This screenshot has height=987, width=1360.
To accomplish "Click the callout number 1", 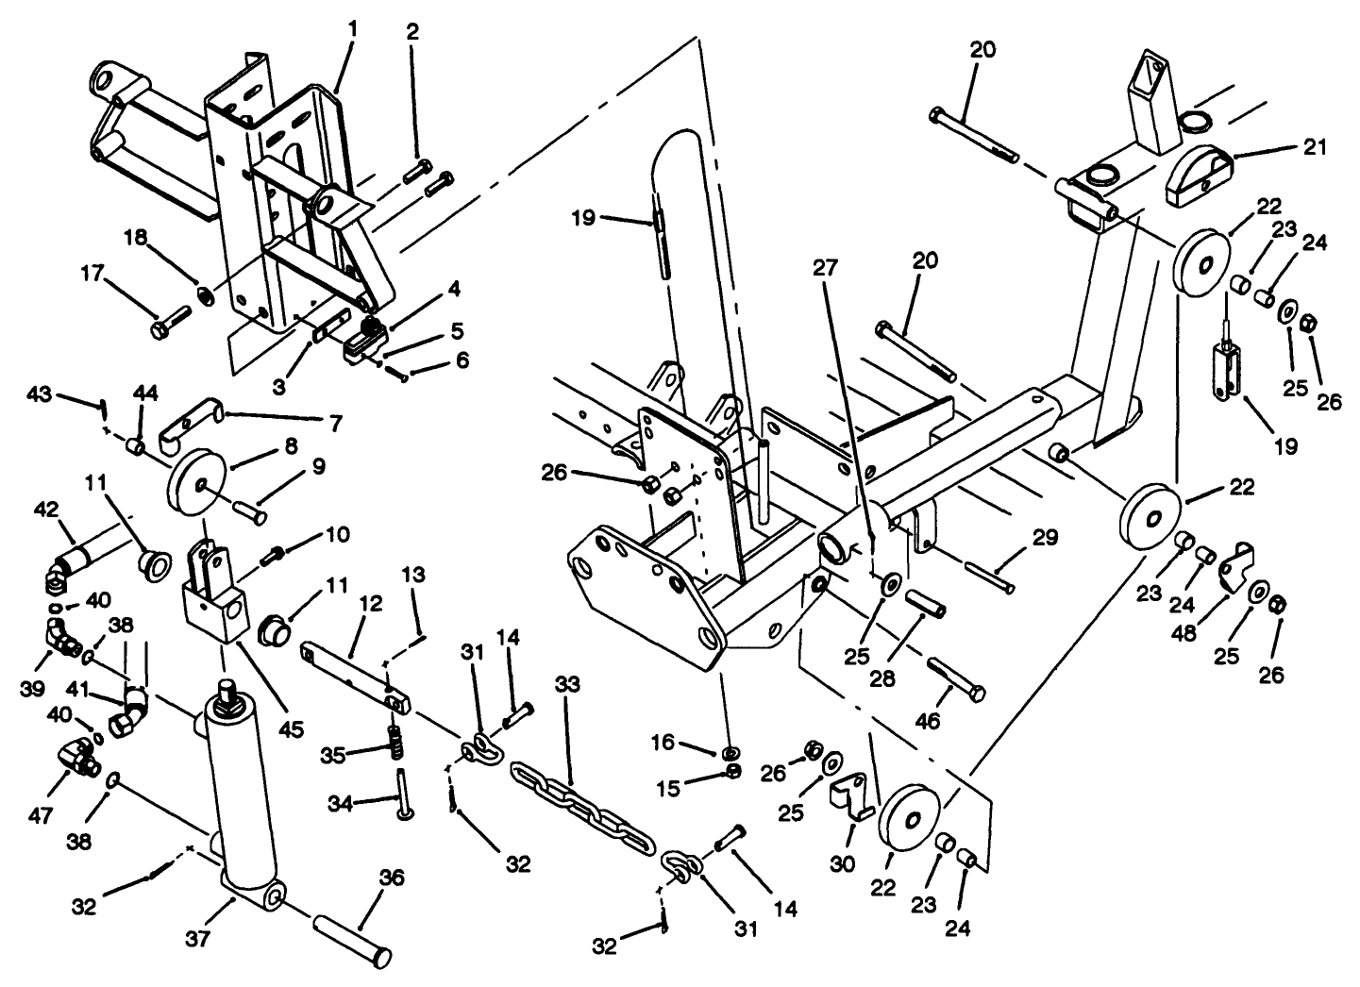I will (352, 29).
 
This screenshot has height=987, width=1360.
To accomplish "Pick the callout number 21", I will (1315, 147).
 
